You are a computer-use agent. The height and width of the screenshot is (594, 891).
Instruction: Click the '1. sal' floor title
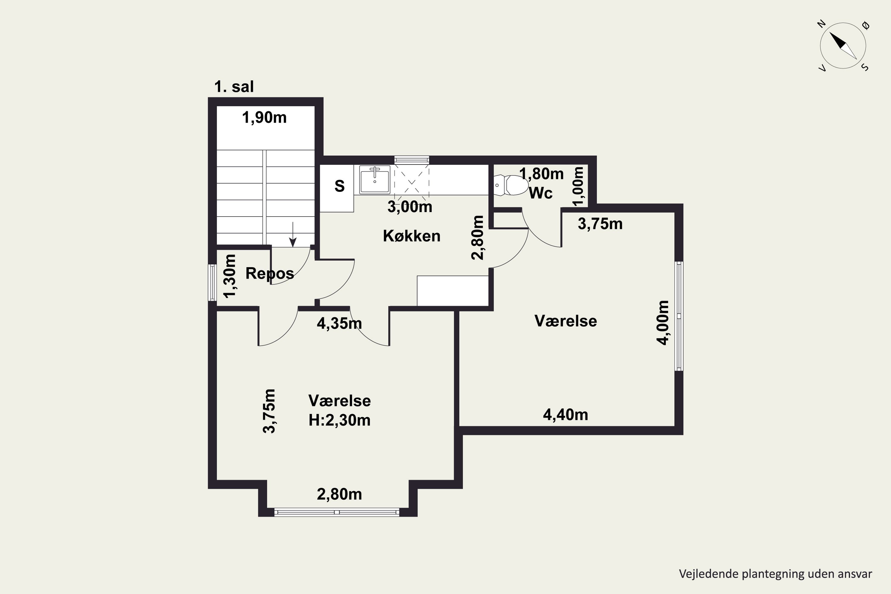(234, 87)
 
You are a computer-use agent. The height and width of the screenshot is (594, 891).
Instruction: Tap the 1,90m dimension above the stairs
(264, 118)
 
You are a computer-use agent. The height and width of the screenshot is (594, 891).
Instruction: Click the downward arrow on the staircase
(293, 235)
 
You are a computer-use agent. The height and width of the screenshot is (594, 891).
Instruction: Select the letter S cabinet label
(339, 186)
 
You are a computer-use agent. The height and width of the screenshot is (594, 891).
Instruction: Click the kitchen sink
(375, 180)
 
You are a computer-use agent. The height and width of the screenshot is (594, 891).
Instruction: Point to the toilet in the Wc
(511, 185)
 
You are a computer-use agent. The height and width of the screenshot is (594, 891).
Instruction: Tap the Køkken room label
(411, 236)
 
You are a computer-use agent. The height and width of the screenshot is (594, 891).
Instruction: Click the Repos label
(270, 274)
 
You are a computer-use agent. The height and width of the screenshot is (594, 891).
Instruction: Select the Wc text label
(541, 193)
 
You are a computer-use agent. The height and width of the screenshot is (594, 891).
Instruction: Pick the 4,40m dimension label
(565, 415)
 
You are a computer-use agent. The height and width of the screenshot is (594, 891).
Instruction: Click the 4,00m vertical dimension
(663, 323)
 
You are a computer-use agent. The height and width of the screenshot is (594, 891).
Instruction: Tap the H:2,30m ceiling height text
(339, 421)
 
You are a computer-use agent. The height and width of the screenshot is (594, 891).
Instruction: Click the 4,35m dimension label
(339, 323)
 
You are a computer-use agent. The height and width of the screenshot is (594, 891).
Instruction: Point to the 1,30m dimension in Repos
(230, 276)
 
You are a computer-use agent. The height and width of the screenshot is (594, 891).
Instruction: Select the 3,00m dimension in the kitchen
(410, 207)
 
